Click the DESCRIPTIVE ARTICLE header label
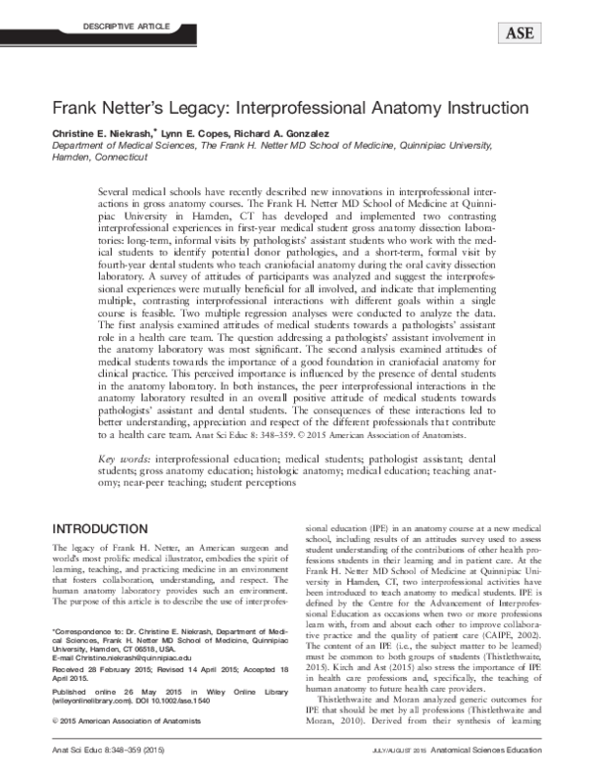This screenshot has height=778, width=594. click(99, 21)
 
